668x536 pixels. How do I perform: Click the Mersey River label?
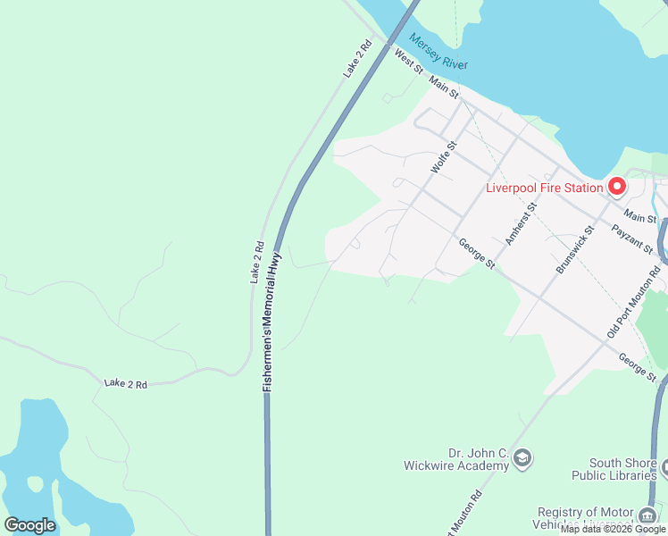tap(439, 52)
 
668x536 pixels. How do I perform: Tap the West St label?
tap(408, 62)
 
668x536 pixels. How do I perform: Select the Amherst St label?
tap(521, 222)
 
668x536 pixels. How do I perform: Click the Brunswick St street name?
tap(575, 249)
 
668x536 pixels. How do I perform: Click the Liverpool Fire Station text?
tap(544, 188)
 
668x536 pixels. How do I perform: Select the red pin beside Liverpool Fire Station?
tap(616, 187)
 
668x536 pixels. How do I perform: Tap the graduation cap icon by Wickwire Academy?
tap(522, 459)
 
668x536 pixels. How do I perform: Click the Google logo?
tap(29, 525)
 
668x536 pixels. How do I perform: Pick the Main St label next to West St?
tap(443, 87)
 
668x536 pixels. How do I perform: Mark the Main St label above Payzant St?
tap(640, 217)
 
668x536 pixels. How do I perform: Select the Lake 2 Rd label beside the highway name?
tap(257, 263)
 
